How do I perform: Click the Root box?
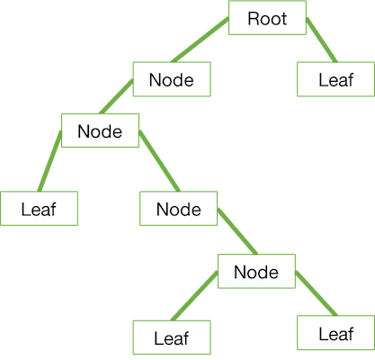click(268, 18)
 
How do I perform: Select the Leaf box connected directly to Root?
click(336, 79)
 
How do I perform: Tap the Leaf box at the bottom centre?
click(175, 339)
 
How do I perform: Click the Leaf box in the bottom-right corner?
click(336, 334)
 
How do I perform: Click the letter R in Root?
click(254, 18)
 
